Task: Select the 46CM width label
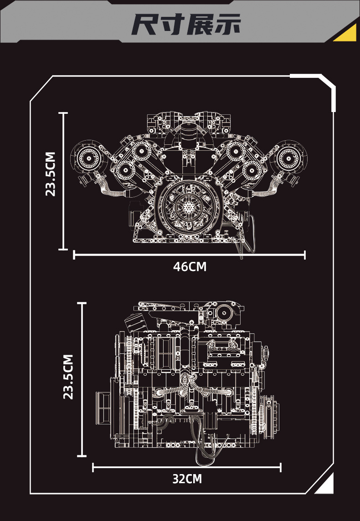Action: point(190,267)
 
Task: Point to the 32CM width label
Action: point(187,479)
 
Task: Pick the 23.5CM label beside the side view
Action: point(68,377)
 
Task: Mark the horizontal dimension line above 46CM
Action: point(189,255)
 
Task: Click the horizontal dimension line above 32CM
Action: point(187,467)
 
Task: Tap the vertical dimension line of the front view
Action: point(63,181)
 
